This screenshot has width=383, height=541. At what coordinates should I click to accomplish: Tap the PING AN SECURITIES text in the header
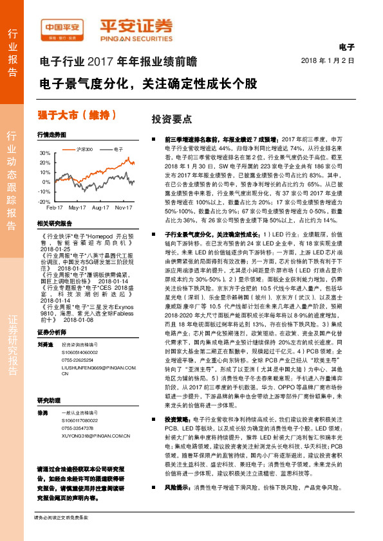136,37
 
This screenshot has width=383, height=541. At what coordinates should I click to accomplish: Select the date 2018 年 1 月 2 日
328,60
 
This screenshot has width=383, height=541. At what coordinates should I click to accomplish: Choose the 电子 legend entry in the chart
118,148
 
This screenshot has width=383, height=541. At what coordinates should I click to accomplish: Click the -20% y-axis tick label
46,201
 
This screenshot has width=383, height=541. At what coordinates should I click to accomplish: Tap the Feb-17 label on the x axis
54,208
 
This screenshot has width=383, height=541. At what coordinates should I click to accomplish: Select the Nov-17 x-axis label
124,208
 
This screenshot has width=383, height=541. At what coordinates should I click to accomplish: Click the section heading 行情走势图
51,136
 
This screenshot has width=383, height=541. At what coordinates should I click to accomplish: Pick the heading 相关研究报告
54,222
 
